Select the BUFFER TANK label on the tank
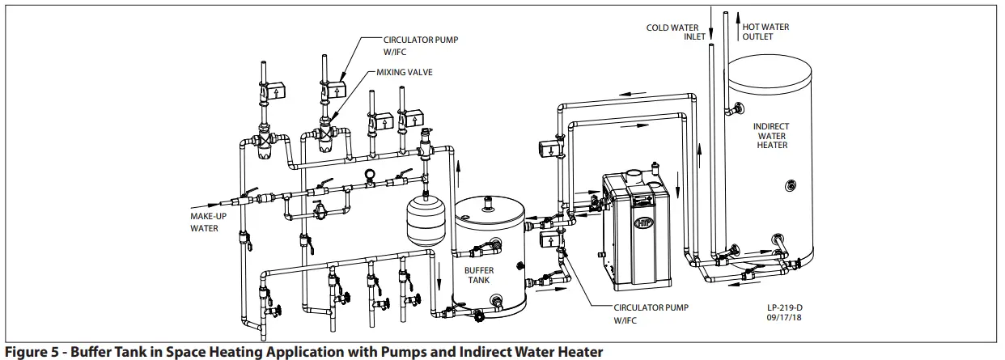pos(479,274)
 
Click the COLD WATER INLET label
pos(672,32)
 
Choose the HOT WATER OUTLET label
pos(765,32)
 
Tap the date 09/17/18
pos(782,318)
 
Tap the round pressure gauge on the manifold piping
pos(370,173)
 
